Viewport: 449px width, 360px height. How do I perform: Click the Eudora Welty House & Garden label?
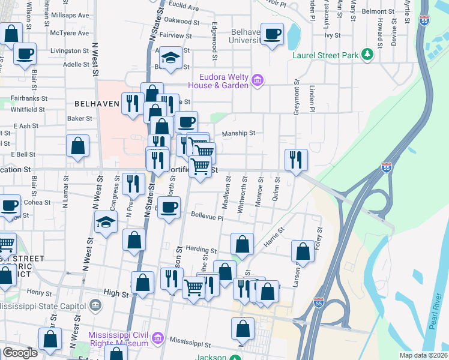pos(224,81)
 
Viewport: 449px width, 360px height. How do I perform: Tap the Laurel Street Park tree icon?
pos(367,55)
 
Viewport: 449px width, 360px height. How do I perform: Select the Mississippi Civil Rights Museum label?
pos(118,339)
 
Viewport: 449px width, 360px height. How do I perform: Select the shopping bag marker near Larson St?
pos(303,251)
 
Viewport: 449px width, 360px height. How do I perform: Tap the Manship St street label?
pos(239,133)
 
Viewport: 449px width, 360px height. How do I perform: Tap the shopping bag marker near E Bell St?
pos(78,145)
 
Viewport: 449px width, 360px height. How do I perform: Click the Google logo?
pos(20,353)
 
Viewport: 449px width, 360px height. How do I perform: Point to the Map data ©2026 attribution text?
pos(423,355)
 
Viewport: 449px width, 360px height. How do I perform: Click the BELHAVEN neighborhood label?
pos(94,103)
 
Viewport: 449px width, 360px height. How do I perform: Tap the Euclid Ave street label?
pos(184,8)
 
